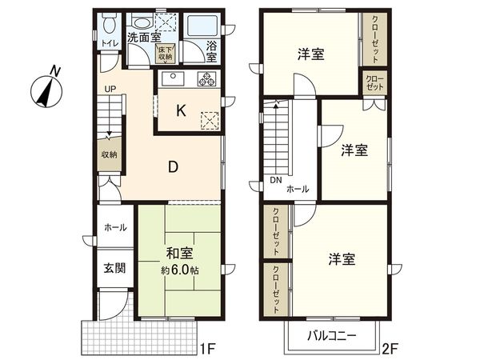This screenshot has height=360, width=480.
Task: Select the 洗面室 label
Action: [145, 37]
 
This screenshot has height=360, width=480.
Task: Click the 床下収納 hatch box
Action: [165, 52]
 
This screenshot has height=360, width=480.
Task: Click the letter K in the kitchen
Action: [182, 111]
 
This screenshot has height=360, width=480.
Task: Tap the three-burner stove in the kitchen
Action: [207, 79]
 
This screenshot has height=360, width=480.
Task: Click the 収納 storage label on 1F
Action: [110, 155]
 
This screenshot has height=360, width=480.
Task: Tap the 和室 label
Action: [179, 254]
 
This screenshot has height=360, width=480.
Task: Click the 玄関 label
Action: [114, 268]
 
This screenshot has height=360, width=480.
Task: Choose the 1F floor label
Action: [209, 349]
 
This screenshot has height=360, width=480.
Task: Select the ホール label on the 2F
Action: [298, 190]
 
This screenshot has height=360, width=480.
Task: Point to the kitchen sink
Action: [172, 79]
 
